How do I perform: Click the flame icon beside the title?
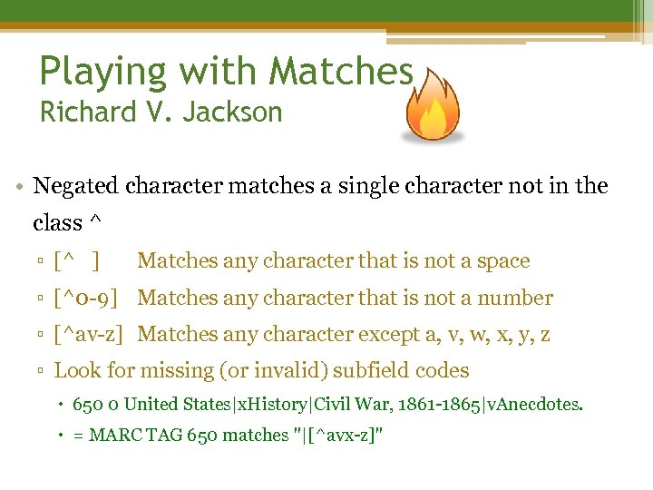pos(433,106)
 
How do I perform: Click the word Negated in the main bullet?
pos(75,186)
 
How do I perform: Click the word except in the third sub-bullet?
pos(387,335)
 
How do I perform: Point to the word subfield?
pos(359,370)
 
